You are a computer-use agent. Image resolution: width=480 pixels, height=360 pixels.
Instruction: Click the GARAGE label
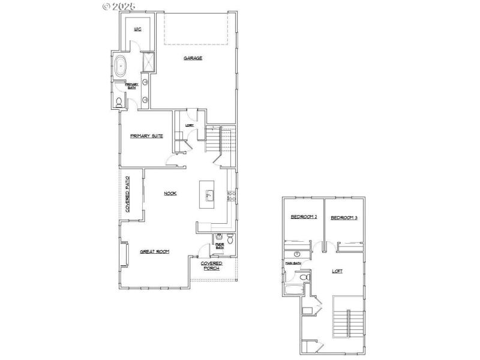pos(193,58)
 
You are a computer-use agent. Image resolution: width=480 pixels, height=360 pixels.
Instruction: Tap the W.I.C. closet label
pos(137,29)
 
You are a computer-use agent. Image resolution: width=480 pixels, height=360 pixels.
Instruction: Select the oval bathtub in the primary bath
pos(121,65)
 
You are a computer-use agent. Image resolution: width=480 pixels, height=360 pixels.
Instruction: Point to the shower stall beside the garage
pos(147,63)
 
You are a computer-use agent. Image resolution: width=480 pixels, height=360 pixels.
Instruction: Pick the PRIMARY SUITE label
pos(146,136)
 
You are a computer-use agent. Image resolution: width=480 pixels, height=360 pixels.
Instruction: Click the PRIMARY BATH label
pos(131,86)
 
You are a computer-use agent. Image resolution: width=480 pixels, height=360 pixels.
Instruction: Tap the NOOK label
pos(170,193)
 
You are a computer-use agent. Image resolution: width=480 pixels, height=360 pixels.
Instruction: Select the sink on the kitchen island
pos(209,194)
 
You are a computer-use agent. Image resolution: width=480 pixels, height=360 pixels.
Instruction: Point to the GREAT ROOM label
pos(154,252)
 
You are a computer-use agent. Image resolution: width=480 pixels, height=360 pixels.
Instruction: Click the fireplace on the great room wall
pos(124,254)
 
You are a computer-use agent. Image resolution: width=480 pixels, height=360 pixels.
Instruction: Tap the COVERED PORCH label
pos(211,265)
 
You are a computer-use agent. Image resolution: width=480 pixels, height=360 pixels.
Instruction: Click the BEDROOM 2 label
pos(304,217)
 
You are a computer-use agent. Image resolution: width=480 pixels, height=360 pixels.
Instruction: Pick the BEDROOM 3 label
pos(344,217)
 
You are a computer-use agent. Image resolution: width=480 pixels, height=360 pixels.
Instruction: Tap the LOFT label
pos(338,271)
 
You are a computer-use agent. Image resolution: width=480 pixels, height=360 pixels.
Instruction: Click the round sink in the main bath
pos(296,254)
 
